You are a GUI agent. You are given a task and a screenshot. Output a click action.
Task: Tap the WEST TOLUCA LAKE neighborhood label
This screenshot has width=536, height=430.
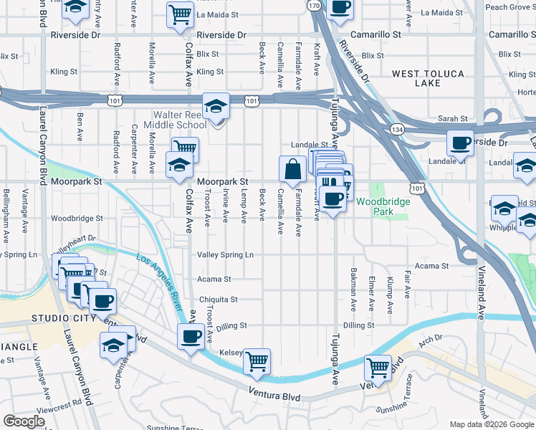pyautogui.click(x=428, y=78)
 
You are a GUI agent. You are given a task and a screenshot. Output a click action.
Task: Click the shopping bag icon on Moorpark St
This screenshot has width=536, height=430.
pyautogui.click(x=292, y=170)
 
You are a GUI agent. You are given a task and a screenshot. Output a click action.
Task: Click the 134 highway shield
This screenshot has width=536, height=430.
pyautogui.click(x=396, y=128)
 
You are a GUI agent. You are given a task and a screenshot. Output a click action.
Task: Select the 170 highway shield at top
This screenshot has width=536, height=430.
pyautogui.click(x=314, y=5)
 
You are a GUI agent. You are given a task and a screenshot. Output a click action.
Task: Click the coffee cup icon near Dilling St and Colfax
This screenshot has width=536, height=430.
pyautogui.click(x=191, y=337)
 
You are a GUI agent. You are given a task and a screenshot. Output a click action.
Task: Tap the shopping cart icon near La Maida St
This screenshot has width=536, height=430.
pyautogui.click(x=179, y=15)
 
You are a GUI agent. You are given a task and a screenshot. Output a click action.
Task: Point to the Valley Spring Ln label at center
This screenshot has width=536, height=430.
pyautogui.click(x=226, y=254)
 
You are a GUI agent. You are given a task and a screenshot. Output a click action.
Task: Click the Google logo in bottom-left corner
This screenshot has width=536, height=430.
pyautogui.click(x=24, y=421)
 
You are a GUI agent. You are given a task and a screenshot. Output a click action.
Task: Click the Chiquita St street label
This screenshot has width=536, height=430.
pyautogui.click(x=219, y=300)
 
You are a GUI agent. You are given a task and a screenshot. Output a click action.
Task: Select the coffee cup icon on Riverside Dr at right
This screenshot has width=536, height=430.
pyautogui.click(x=459, y=142)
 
